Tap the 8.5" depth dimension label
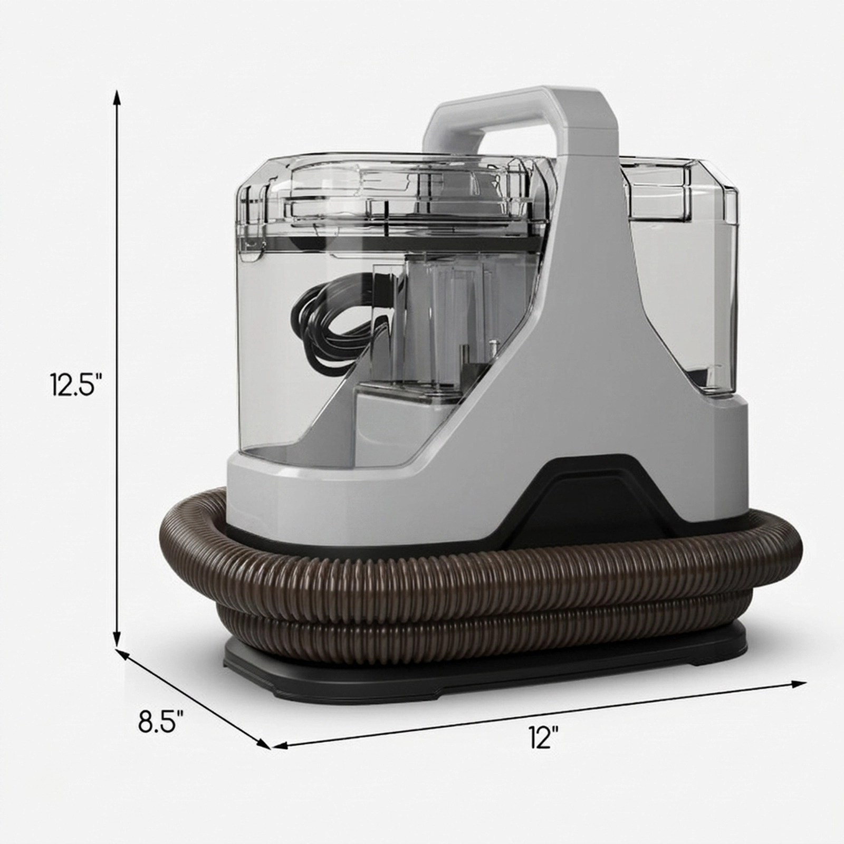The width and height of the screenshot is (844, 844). (x=161, y=721)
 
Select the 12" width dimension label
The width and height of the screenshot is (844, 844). (x=544, y=737)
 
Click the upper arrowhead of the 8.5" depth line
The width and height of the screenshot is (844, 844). (x=123, y=654)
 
